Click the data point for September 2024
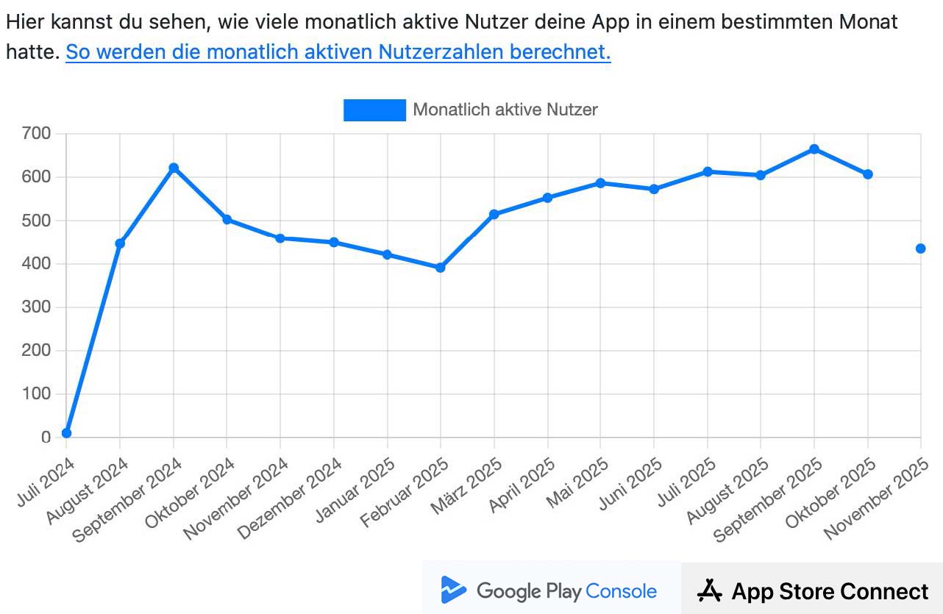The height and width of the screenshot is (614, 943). (x=174, y=168)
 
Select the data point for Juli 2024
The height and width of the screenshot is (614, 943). (x=67, y=433)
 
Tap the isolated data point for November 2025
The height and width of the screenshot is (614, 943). (x=921, y=249)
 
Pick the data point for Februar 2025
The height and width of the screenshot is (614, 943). (x=441, y=268)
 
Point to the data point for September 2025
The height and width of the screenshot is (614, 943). (x=814, y=149)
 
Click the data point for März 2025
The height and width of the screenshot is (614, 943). (x=494, y=214)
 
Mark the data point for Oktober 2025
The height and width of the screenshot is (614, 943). (x=868, y=174)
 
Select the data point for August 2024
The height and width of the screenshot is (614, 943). (x=120, y=243)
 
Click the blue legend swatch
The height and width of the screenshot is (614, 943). (x=374, y=110)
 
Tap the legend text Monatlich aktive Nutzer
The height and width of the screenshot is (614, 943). (x=505, y=110)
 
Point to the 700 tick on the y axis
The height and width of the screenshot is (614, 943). (x=36, y=134)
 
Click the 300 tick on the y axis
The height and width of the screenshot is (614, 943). (x=36, y=307)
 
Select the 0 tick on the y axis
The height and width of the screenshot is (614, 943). (x=46, y=438)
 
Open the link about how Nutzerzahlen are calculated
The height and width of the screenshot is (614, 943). (x=338, y=53)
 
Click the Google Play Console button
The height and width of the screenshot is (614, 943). (x=551, y=590)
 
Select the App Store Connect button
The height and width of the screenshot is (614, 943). (x=812, y=590)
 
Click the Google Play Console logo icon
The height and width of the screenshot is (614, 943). (x=453, y=590)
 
